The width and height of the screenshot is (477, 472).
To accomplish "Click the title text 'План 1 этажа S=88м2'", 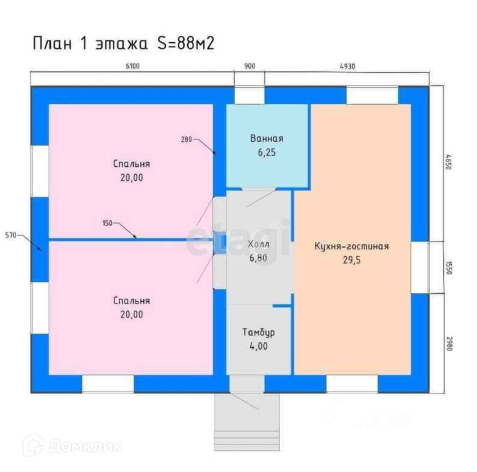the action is click(x=123, y=43).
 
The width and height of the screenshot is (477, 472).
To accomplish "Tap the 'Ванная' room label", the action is click(x=266, y=139).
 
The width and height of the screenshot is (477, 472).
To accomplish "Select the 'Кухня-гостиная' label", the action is click(x=351, y=246).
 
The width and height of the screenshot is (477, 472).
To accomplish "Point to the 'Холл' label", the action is click(x=259, y=245).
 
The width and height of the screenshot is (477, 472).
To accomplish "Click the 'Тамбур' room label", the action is click(x=259, y=332).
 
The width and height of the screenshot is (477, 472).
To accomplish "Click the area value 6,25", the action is click(x=266, y=153).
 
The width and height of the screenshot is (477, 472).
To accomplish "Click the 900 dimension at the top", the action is click(x=250, y=67).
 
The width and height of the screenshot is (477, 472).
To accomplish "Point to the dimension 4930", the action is click(x=347, y=67).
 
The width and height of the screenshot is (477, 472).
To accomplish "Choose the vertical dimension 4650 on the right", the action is click(x=448, y=164).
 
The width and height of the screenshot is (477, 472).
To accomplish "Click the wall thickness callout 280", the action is click(x=186, y=139).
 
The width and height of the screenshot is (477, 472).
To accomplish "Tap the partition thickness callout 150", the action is click(x=108, y=223).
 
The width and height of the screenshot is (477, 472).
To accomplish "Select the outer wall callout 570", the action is click(x=10, y=234).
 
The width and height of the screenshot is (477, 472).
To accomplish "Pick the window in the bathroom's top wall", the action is click(x=249, y=96).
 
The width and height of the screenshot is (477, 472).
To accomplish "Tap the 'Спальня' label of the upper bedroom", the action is click(x=131, y=164).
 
